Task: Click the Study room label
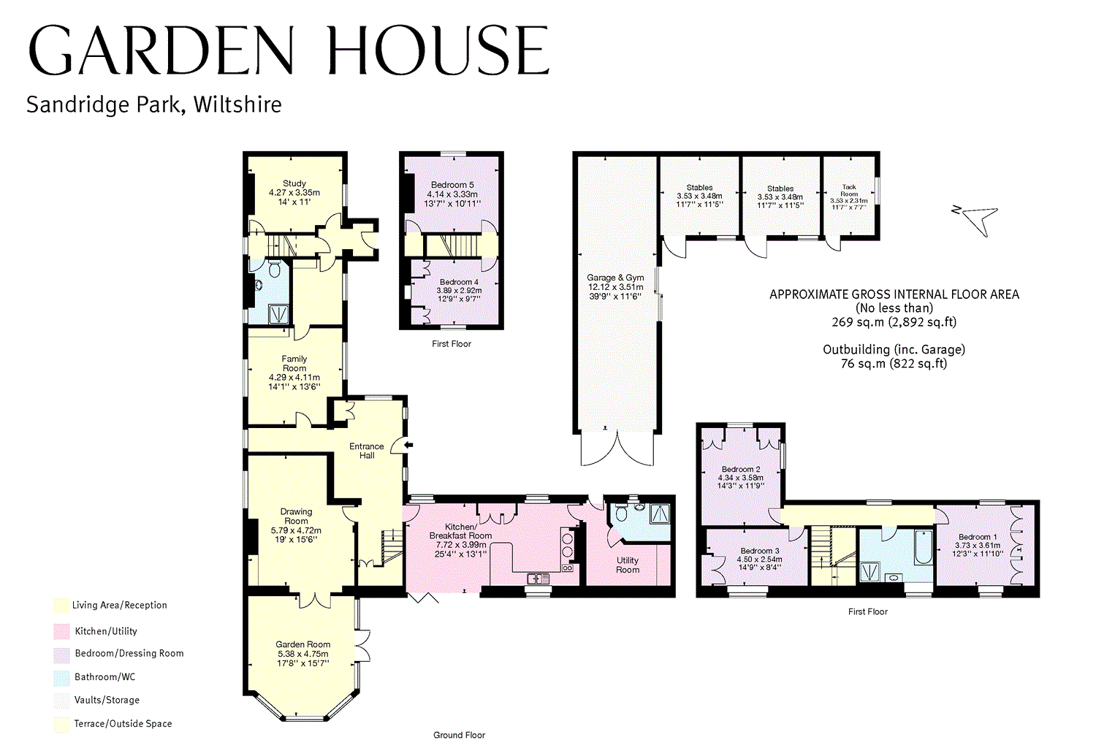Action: (x=294, y=184)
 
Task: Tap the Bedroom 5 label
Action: (x=452, y=186)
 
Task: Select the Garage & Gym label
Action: (x=615, y=278)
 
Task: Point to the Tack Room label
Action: (x=849, y=191)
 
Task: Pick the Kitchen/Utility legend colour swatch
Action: (x=61, y=631)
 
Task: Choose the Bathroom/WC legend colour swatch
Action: (x=61, y=677)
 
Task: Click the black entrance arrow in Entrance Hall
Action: (x=408, y=444)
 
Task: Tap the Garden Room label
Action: (x=302, y=644)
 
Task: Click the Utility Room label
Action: (x=628, y=565)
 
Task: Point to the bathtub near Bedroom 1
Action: (x=922, y=548)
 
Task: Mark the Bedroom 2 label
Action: (x=741, y=470)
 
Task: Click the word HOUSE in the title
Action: (x=437, y=51)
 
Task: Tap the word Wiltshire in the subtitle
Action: (x=237, y=105)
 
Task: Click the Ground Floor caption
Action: (x=459, y=735)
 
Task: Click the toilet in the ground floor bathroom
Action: (x=275, y=270)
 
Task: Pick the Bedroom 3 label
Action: (x=760, y=552)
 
